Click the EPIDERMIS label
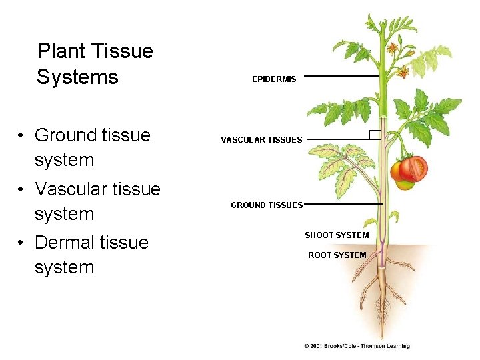[x=274, y=79]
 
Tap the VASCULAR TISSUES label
[x=261, y=140]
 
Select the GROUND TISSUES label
[x=267, y=205]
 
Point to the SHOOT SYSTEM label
[x=337, y=235]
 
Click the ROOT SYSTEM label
[x=337, y=255]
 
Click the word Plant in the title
[x=61, y=51]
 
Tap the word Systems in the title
[x=77, y=77]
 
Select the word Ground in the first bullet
[x=66, y=135]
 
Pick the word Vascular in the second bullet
[x=73, y=189]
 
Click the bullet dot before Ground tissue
[x=22, y=136]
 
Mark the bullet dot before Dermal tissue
[x=22, y=243]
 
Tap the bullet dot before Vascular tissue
[x=22, y=190]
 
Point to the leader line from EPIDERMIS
[x=340, y=76]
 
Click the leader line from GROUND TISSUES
[x=343, y=204]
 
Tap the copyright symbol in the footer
[x=307, y=346]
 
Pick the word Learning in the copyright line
[x=397, y=346]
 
